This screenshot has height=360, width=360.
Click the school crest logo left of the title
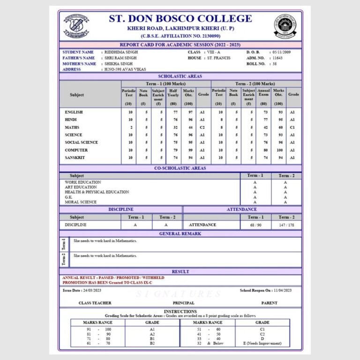(x=76, y=26)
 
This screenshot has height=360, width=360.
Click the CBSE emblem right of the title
(x=285, y=26)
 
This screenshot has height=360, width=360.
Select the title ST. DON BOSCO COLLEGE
(x=180, y=19)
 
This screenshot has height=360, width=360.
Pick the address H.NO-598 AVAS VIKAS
(x=124, y=69)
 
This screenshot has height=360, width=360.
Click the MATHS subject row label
(x=72, y=127)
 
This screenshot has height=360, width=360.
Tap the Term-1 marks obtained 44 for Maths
(x=188, y=127)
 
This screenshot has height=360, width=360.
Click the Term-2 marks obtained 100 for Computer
(x=278, y=150)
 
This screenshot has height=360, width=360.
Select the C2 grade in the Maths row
(x=202, y=127)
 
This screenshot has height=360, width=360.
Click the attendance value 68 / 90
(x=255, y=225)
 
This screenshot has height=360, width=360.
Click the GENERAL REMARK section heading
(x=180, y=233)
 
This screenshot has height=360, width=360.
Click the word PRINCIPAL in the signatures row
(x=183, y=303)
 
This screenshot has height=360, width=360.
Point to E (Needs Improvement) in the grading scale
(x=262, y=343)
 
